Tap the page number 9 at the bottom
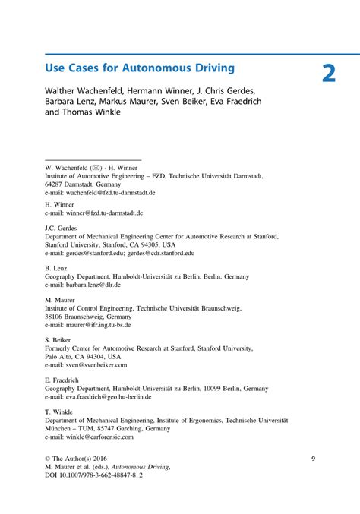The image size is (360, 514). point(313,459)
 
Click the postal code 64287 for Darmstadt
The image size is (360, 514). point(55,184)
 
